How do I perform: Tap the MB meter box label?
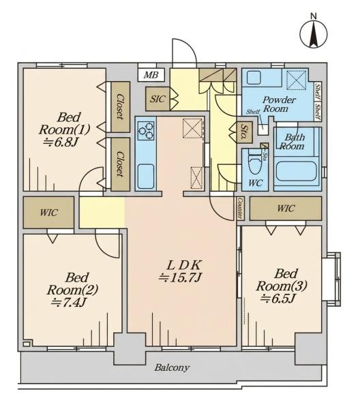(151, 75)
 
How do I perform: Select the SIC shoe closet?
(158, 99)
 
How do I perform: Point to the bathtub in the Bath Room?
(296, 171)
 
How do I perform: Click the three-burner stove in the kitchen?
(146, 130)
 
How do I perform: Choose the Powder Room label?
(279, 104)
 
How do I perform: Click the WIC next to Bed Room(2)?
(48, 213)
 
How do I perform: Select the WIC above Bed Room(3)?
(286, 209)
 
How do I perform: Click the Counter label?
(240, 208)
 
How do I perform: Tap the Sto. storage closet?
(245, 132)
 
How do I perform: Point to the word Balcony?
(172, 368)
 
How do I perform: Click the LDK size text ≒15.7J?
(180, 277)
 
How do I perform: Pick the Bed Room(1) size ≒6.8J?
(61, 142)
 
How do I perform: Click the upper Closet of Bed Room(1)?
(120, 107)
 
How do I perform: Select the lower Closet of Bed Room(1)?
(120, 164)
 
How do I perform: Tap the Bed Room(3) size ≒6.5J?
(277, 298)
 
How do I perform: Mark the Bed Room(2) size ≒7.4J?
(69, 302)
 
